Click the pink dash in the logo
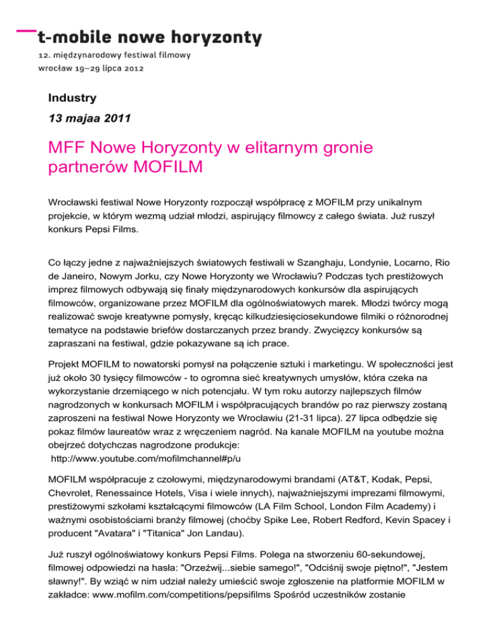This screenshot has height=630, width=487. pyautogui.click(x=26, y=30)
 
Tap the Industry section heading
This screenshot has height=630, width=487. pyautogui.click(x=72, y=98)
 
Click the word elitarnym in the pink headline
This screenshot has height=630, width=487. pyautogui.click(x=281, y=150)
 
